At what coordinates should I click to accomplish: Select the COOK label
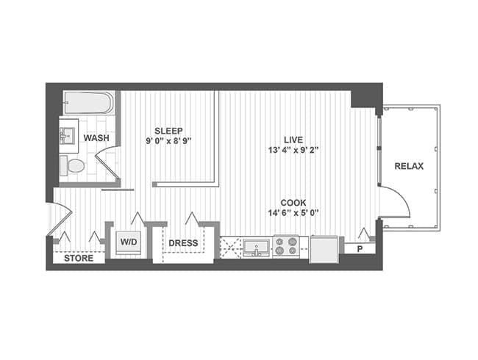point(293,202)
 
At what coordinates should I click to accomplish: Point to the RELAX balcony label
point(409,166)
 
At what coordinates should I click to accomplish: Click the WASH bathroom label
point(96,138)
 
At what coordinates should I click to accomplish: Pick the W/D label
point(129,242)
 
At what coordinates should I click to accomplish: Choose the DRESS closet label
point(183,242)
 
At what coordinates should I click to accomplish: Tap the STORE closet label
point(78,258)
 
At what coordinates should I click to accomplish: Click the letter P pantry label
point(360,248)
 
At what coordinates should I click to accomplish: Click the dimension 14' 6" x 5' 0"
point(293,214)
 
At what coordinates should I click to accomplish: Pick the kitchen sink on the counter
point(257,247)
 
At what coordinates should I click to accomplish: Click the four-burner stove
point(285,247)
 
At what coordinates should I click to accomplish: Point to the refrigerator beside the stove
point(324,248)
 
